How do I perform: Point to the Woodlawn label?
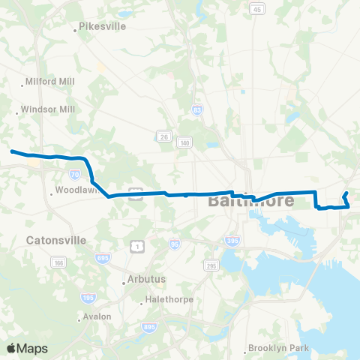point(73,192)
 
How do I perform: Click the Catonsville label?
point(56,241)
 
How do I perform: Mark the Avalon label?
point(97,316)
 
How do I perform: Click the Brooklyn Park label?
point(280,348)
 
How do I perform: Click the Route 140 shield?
point(184,142)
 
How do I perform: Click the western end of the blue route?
point(11,151)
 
